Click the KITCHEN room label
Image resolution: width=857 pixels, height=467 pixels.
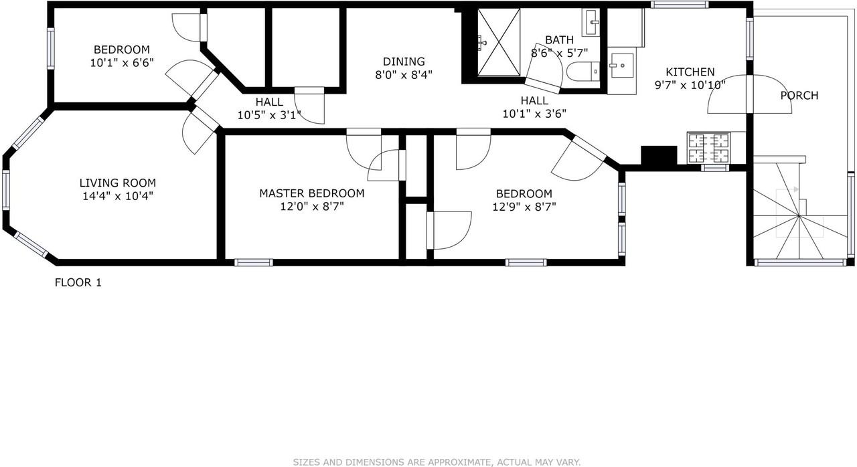pyautogui.click(x=690, y=72)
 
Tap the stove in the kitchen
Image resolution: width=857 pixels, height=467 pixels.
pyautogui.click(x=708, y=149)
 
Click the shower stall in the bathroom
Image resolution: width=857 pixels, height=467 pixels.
pyautogui.click(x=498, y=43)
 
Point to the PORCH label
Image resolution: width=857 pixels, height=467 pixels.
pyautogui.click(x=799, y=95)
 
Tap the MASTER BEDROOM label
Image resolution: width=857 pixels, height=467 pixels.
pyautogui.click(x=312, y=193)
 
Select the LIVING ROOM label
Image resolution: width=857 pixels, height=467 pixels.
pyautogui.click(x=118, y=183)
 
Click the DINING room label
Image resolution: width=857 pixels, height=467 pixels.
pyautogui.click(x=404, y=62)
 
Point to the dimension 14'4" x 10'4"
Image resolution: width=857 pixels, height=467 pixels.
pyautogui.click(x=118, y=196)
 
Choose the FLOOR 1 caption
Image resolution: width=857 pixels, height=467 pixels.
pyautogui.click(x=78, y=282)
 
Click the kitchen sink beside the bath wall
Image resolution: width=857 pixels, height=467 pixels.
pyautogui.click(x=622, y=66)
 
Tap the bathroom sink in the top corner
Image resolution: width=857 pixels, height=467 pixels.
pyautogui.click(x=593, y=23)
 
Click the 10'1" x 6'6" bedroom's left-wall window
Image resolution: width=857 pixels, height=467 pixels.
pyautogui.click(x=50, y=48)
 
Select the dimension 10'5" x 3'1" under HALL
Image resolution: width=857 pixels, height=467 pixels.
pyautogui.click(x=269, y=115)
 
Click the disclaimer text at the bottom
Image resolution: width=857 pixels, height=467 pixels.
pyautogui.click(x=437, y=462)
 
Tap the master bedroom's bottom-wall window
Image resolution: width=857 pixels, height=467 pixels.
pyautogui.click(x=254, y=262)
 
